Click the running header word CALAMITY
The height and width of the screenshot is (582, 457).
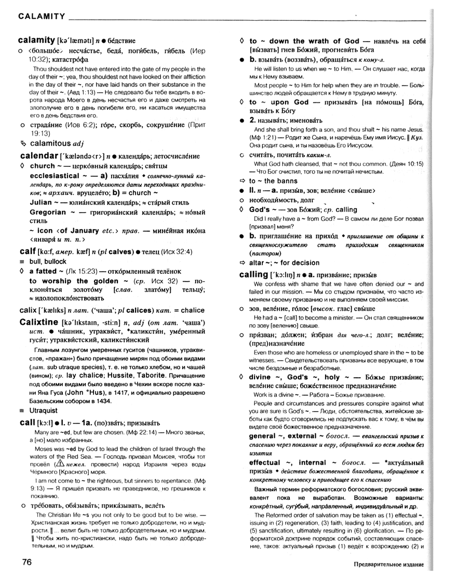point(42,16)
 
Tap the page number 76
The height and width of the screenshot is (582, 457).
point(28,562)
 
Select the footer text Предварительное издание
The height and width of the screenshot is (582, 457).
point(386,565)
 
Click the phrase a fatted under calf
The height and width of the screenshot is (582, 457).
point(48,271)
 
